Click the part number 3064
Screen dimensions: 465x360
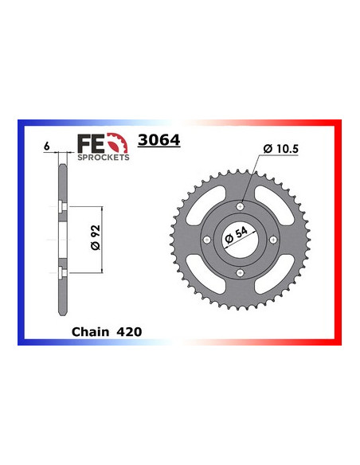tap(159, 141)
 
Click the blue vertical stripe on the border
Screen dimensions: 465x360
tap(22, 239)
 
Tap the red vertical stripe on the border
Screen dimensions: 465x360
tap(338, 239)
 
